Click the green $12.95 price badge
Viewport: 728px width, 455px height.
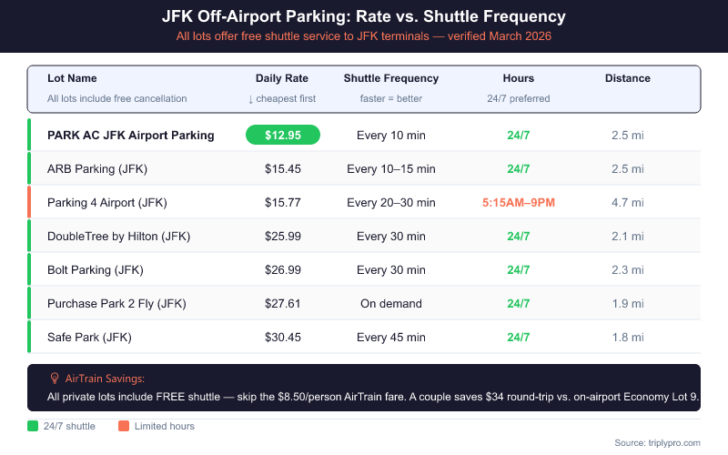pos(283,135)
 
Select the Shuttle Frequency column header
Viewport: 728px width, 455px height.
pos(390,78)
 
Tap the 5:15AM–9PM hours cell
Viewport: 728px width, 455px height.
pos(518,202)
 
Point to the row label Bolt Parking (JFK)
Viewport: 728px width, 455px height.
pos(96,269)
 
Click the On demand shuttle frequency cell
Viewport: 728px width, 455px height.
pos(390,303)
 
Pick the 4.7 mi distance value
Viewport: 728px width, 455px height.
pos(627,202)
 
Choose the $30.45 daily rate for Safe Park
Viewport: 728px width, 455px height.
pos(283,337)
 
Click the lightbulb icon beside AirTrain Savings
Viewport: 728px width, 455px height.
pos(55,378)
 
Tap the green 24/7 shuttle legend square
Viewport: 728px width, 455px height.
pos(34,426)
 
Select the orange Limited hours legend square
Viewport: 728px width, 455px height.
pos(124,426)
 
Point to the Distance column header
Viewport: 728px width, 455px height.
pos(627,78)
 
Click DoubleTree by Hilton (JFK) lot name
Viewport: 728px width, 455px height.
pos(117,236)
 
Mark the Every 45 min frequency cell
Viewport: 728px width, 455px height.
pos(390,337)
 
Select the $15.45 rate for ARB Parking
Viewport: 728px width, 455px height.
pos(283,168)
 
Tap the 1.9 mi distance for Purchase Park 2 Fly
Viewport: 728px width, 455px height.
pos(627,303)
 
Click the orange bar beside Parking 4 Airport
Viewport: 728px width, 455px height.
pos(29,202)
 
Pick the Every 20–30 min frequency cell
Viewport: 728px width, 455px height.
pos(390,202)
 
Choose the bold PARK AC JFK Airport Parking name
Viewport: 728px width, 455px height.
pos(131,135)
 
